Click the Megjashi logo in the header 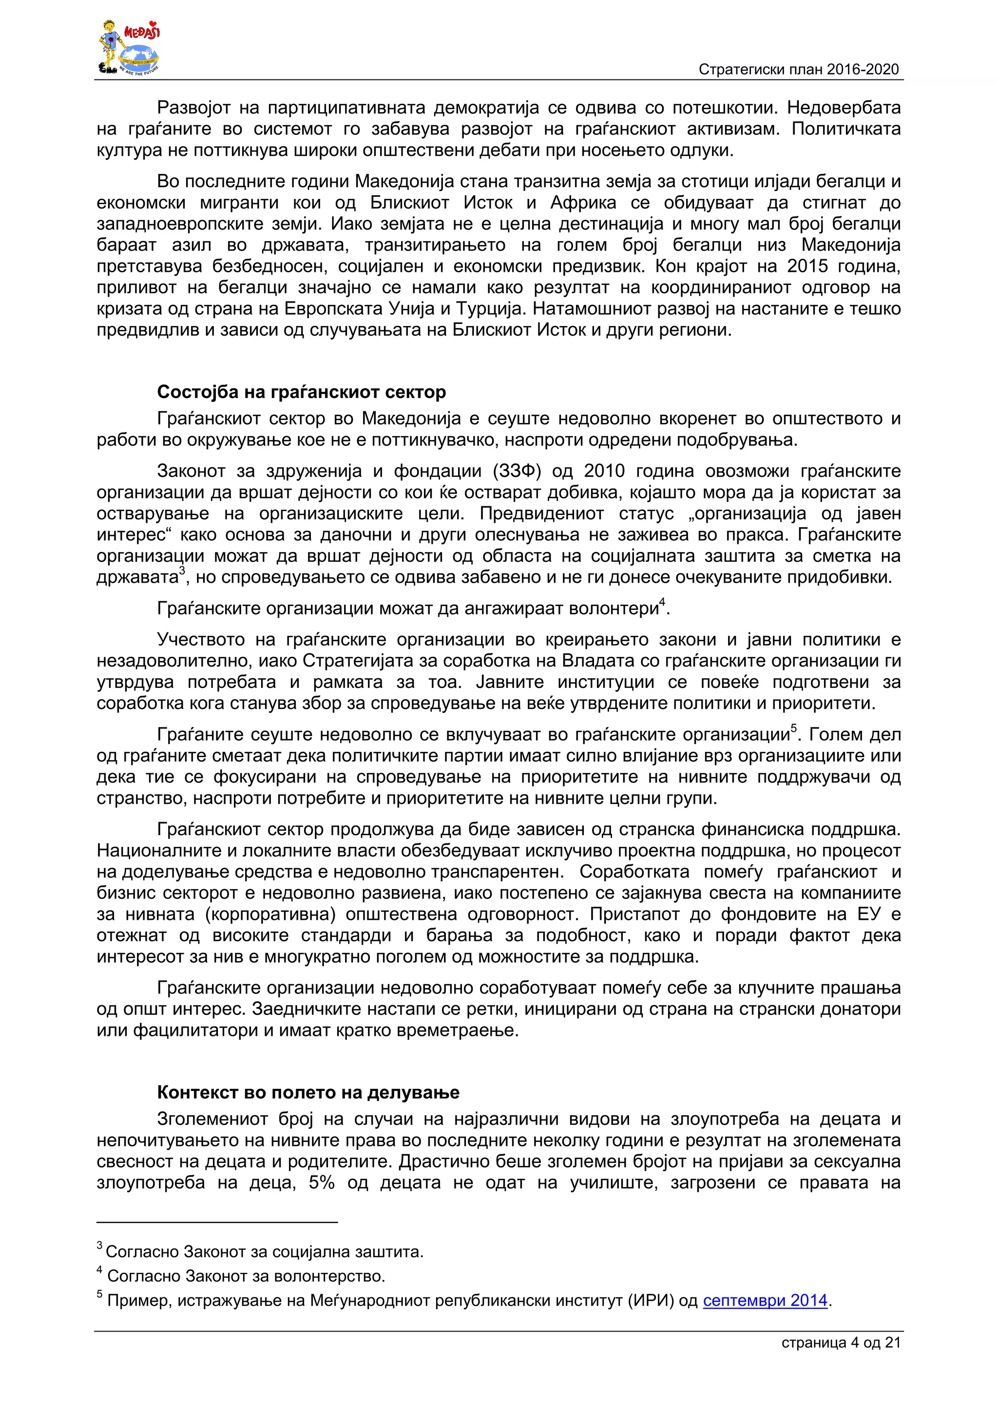tap(130, 48)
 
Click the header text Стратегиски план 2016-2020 tap(798, 70)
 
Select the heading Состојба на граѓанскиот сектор tap(301, 392)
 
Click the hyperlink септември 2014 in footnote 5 tap(765, 1300)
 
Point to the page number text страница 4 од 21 tap(841, 1343)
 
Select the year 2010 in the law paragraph tap(604, 471)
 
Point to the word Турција tap(492, 308)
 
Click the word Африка tap(583, 203)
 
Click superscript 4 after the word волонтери tap(662, 603)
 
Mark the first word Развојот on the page tap(193, 108)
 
